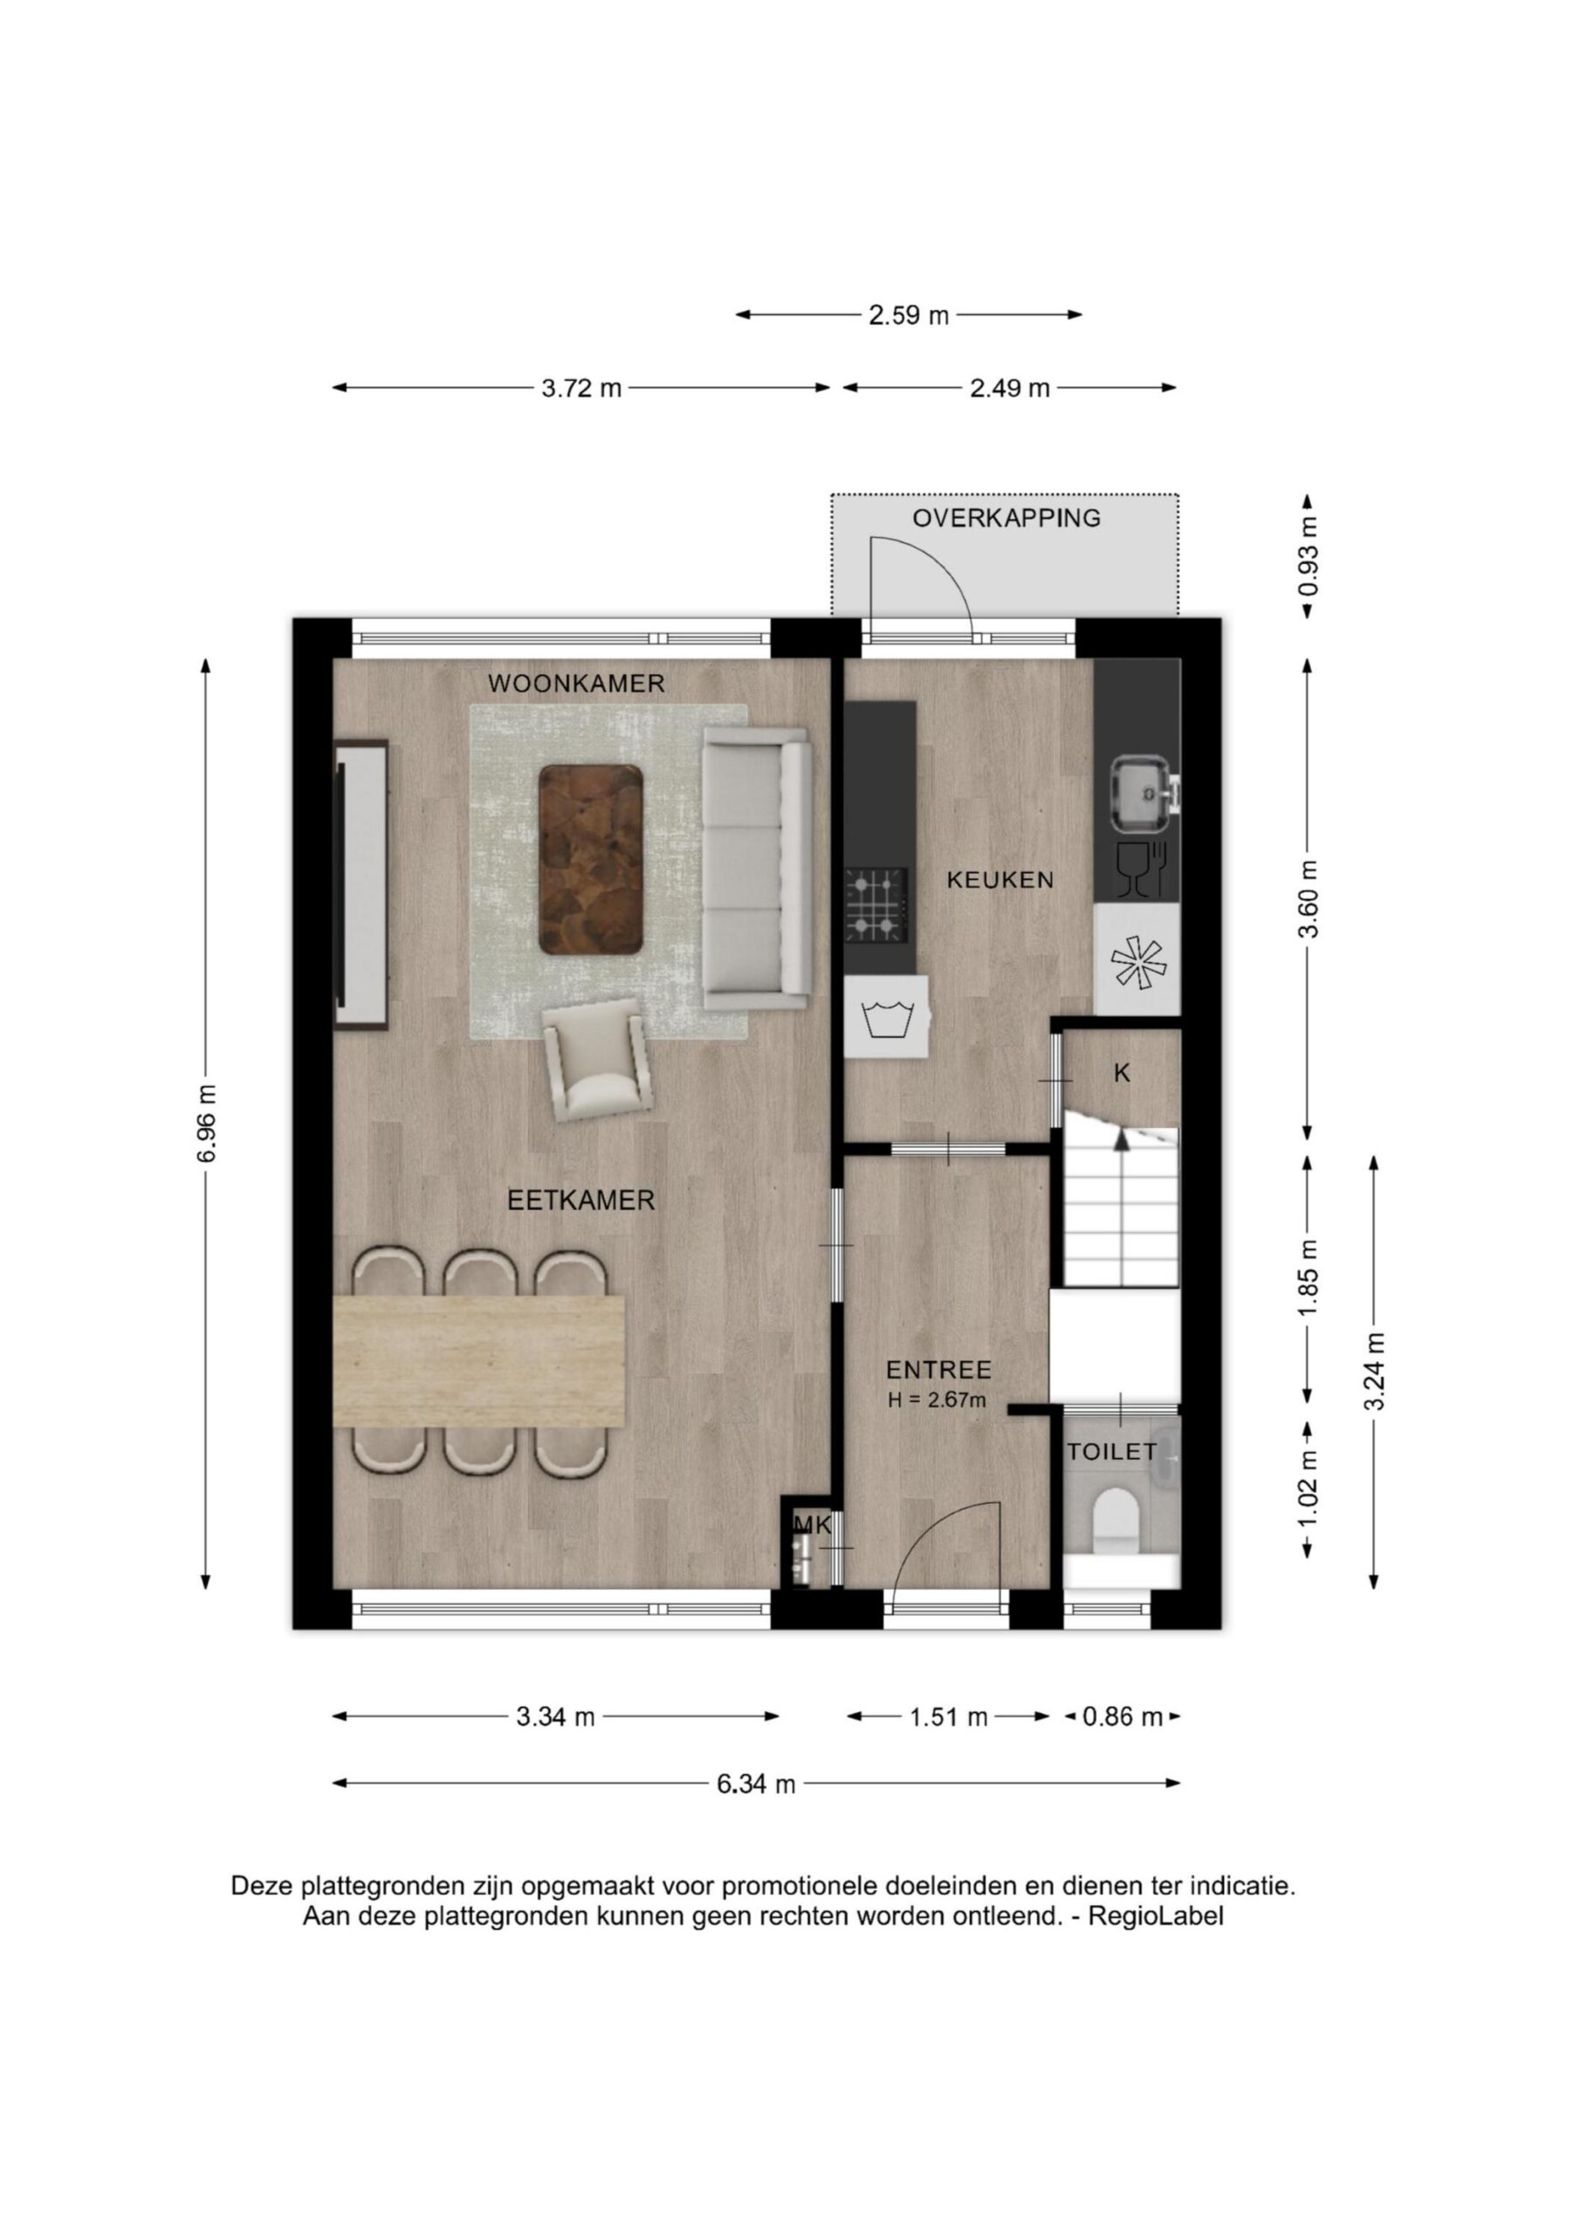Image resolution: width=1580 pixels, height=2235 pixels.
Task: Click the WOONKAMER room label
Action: (576, 684)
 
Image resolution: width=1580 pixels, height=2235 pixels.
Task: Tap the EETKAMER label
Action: (581, 1201)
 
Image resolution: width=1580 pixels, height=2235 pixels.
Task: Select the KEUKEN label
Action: (1000, 880)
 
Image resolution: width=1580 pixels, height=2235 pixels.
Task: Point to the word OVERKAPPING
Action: (1006, 518)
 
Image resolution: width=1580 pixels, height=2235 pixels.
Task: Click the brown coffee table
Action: (591, 858)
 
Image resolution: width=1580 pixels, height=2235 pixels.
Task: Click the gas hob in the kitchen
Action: (876, 905)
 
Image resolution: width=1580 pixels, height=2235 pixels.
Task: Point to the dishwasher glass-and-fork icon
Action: (1141, 869)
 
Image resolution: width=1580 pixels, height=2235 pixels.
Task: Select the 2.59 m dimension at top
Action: (908, 315)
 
